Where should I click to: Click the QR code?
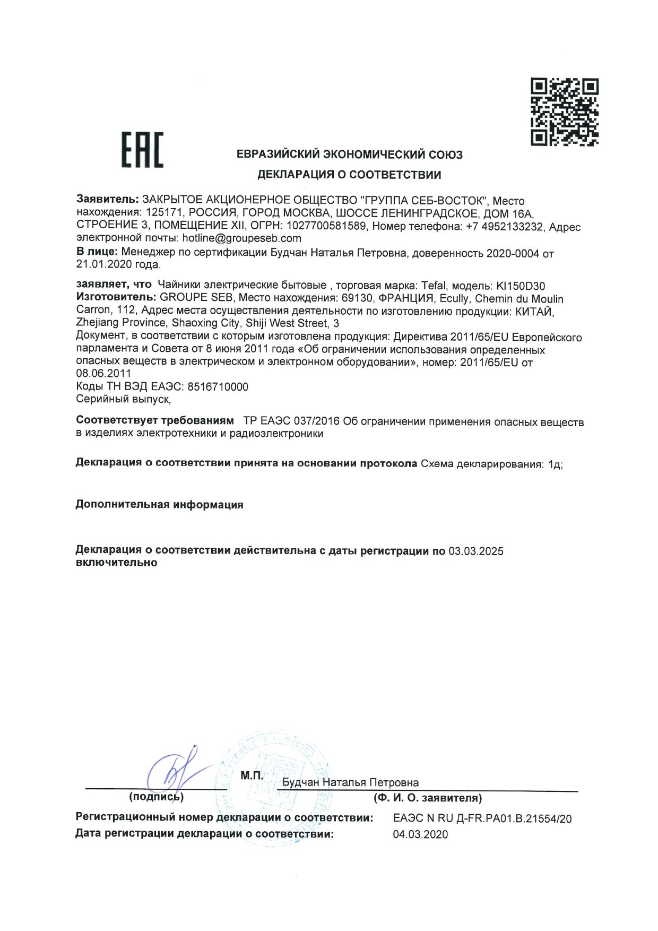(565, 111)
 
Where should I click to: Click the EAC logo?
(142, 150)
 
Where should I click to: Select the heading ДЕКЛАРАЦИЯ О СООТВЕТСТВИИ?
(349, 175)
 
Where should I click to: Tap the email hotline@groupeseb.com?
(241, 238)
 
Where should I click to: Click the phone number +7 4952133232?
(504, 227)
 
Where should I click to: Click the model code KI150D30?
(520, 286)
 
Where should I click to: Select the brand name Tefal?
(434, 286)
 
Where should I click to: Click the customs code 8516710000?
(218, 386)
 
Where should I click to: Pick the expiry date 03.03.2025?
(476, 551)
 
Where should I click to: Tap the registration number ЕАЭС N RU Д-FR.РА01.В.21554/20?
(482, 818)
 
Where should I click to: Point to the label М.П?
(252, 775)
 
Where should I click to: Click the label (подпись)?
(156, 797)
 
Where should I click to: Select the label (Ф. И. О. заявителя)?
(428, 798)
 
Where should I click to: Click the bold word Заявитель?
(107, 200)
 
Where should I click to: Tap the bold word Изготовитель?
(116, 297)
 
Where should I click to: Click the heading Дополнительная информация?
(159, 504)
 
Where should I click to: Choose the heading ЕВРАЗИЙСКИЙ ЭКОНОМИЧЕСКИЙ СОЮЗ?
(349, 154)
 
